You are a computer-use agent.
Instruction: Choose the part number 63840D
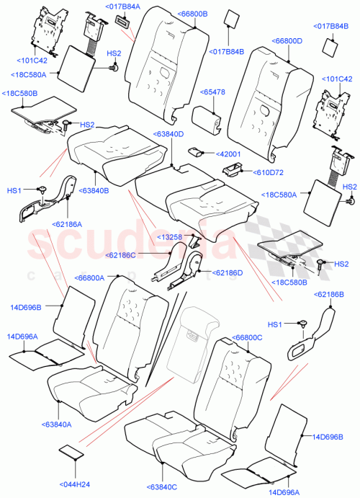point(168,134)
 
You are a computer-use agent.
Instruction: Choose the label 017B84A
point(122,6)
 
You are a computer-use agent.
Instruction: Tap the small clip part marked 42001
point(197,152)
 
